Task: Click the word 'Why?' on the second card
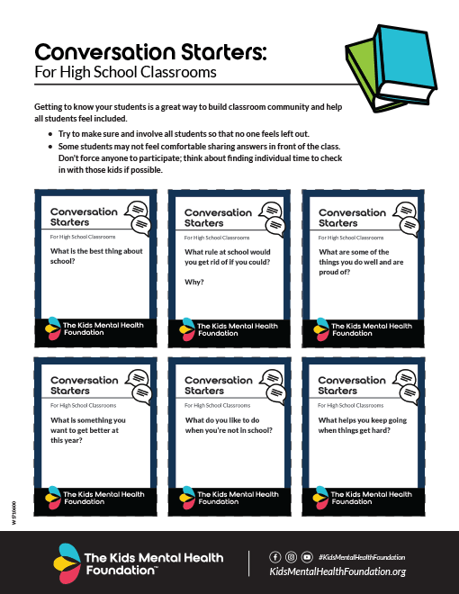(x=193, y=282)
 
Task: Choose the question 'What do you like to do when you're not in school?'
(x=229, y=425)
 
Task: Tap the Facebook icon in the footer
(x=275, y=557)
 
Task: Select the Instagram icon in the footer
(x=291, y=557)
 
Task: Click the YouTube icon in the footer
(x=307, y=557)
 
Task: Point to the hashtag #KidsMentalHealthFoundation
(x=361, y=557)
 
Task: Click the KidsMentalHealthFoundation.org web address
(x=337, y=572)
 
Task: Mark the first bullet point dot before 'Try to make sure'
(x=50, y=133)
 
